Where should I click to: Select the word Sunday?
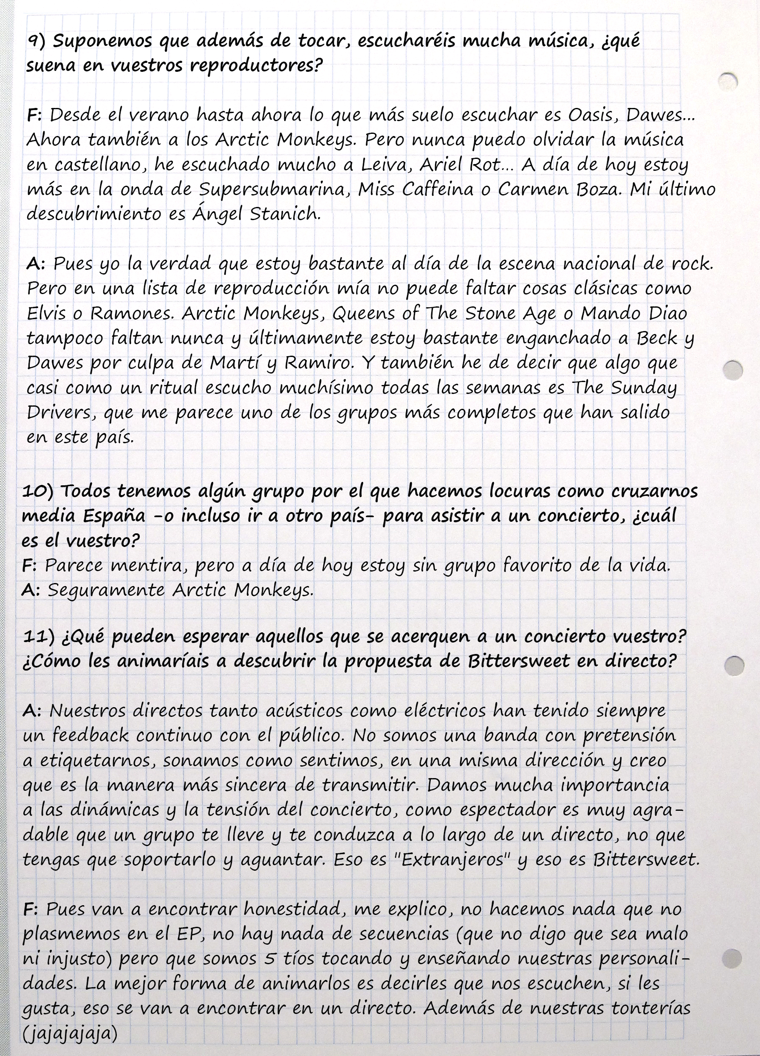coord(644,388)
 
